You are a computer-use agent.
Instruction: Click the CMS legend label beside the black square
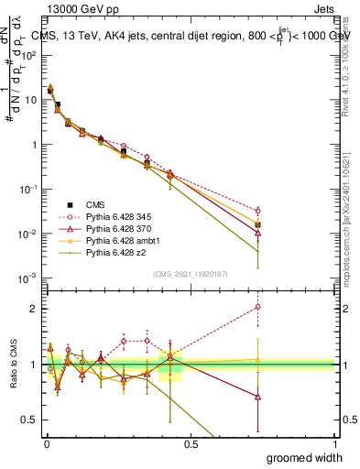click(x=94, y=202)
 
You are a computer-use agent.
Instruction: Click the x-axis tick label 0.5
click(x=191, y=445)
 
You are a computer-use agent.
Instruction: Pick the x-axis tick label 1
click(x=334, y=445)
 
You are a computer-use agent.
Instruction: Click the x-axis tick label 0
click(x=47, y=445)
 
